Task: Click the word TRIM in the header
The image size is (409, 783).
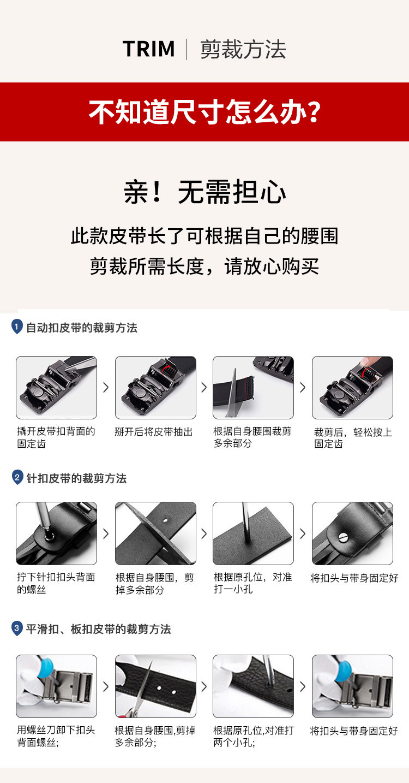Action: coord(149,49)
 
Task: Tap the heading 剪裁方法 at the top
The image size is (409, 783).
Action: coord(243,49)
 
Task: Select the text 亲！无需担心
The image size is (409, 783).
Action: coord(205,192)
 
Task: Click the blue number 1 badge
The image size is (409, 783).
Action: coord(17,327)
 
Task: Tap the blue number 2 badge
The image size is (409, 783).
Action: coord(17,477)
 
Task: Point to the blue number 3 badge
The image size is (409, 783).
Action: coord(17,628)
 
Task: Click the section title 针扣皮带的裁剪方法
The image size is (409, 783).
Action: coord(76,478)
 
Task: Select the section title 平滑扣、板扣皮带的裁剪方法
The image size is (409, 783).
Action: coord(98,629)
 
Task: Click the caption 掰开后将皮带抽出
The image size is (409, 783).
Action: coord(154,432)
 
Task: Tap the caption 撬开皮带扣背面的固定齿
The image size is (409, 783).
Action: coord(56,438)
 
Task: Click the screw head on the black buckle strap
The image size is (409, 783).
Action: coord(344,537)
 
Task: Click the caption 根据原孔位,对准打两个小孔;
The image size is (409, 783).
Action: coord(254,737)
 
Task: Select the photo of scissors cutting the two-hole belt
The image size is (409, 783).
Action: coord(155,686)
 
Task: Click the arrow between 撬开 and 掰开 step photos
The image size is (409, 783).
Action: coord(106,387)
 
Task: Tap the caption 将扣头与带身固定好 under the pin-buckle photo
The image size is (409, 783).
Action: coord(354,578)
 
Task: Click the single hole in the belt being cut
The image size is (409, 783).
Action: coord(165,520)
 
